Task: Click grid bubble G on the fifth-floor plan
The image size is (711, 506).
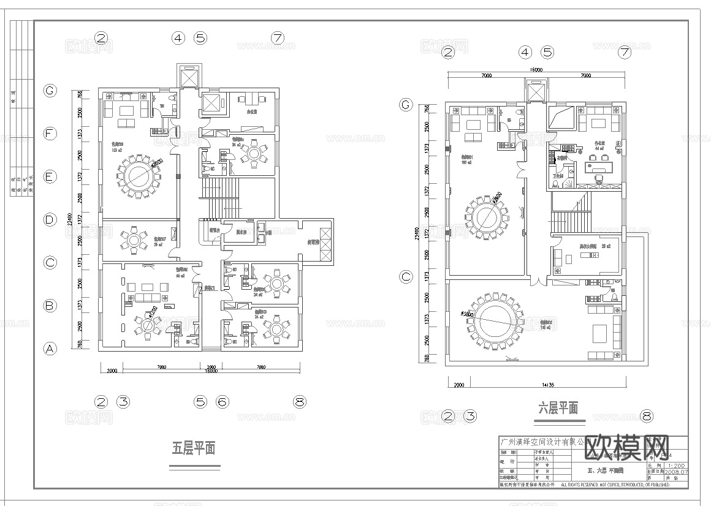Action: (x=50, y=91)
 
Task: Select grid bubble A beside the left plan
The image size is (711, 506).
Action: (x=50, y=349)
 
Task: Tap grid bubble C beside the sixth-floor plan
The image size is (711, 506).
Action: (x=406, y=276)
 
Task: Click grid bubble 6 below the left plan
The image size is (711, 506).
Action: (x=222, y=402)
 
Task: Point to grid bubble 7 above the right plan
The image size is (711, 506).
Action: (x=625, y=52)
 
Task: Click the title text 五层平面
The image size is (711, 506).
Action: (x=194, y=448)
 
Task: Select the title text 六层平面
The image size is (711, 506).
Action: (x=558, y=408)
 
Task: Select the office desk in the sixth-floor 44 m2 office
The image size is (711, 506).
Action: (x=597, y=167)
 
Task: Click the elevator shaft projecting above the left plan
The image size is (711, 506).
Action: (x=186, y=77)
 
